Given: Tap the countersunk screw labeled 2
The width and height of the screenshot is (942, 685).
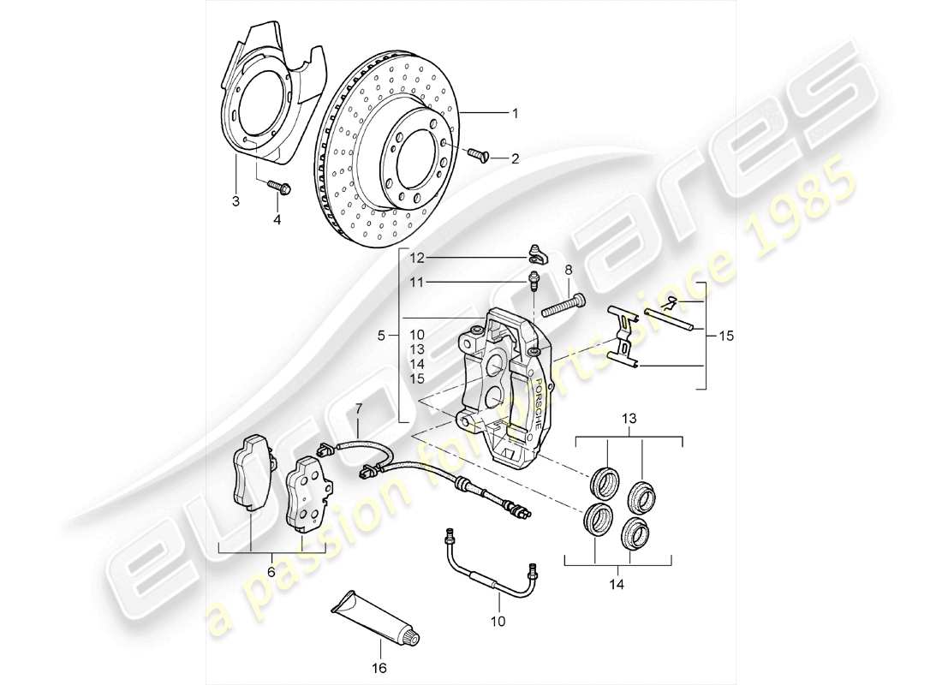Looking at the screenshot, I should point(476,153).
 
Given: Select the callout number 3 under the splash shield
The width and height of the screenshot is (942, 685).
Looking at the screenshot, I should point(235,202).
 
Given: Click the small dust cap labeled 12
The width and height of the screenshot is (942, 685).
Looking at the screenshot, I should point(538,251).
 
